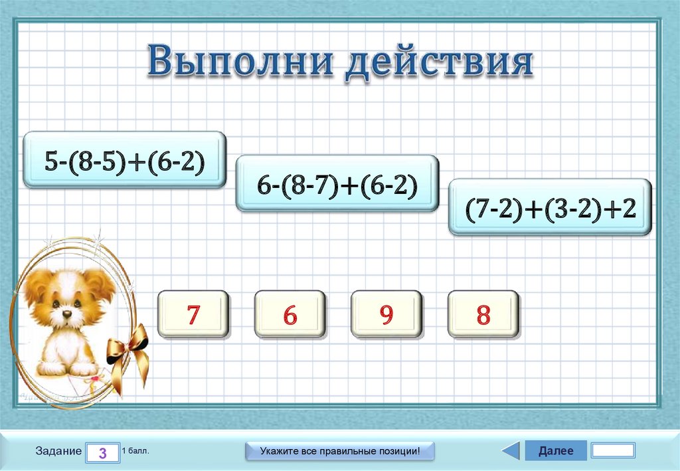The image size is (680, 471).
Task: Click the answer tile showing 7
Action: coord(193,315)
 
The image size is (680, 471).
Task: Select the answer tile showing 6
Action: coord(290,315)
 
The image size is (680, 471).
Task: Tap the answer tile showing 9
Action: coord(386,315)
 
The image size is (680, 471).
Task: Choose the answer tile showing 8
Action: coord(483,315)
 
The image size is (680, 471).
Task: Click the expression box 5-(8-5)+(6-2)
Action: coord(125,161)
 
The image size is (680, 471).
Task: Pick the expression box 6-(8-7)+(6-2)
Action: coord(337,184)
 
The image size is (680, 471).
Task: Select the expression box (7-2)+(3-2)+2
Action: coord(551,207)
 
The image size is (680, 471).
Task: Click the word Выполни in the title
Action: coord(243,61)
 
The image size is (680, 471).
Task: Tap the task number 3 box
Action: coord(102,452)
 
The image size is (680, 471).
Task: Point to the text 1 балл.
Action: coord(135,450)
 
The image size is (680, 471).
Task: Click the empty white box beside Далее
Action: coord(612,450)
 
